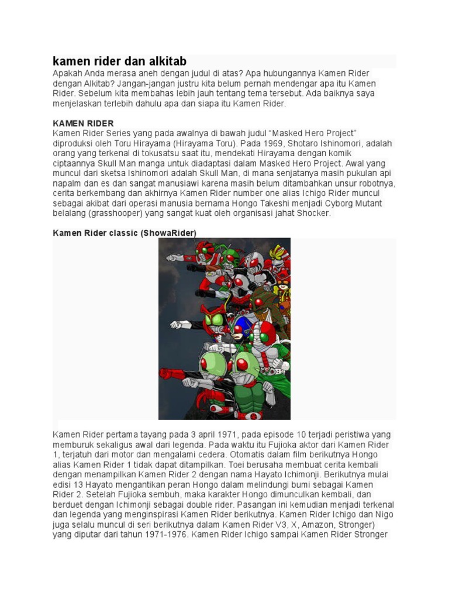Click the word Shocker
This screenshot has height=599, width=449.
[x=314, y=213]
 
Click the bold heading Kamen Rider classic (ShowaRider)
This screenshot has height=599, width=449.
[x=125, y=233]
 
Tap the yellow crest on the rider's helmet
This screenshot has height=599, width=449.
[x=278, y=253]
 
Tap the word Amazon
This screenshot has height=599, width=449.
[x=313, y=524]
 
